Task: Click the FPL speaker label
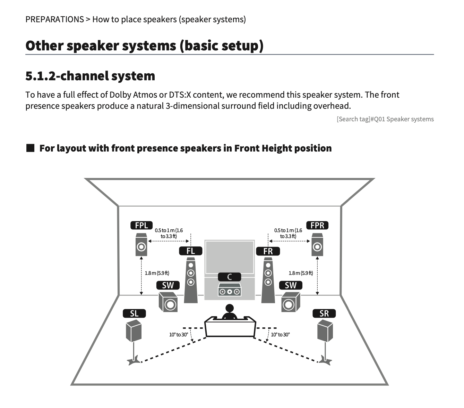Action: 141,225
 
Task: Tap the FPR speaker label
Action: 317,225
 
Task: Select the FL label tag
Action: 190,251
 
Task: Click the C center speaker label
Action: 229,277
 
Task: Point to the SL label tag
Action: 134,313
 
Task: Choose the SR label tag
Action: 324,313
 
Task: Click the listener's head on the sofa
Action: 230,308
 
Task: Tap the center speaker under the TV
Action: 229,291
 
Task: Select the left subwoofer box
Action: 168,302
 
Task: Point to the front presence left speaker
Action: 141,245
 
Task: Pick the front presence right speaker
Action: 317,245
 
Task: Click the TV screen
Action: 229,257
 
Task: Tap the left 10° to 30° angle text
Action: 178,335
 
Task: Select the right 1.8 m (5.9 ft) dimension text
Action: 301,273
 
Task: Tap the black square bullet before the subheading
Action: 31,148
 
